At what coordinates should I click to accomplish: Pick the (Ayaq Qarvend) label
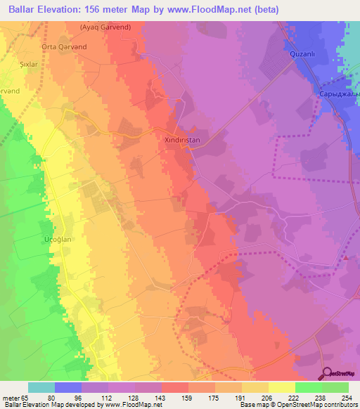pyautogui.click(x=104, y=28)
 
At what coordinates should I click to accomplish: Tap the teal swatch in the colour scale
pyautogui.click(x=41, y=387)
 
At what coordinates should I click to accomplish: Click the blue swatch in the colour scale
pyautogui.click(x=68, y=387)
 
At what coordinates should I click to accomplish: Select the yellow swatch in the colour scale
pyautogui.click(x=282, y=387)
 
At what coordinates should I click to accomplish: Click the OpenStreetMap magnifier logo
pyautogui.click(x=328, y=373)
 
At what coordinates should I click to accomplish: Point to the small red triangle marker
pyautogui.click(x=347, y=258)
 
